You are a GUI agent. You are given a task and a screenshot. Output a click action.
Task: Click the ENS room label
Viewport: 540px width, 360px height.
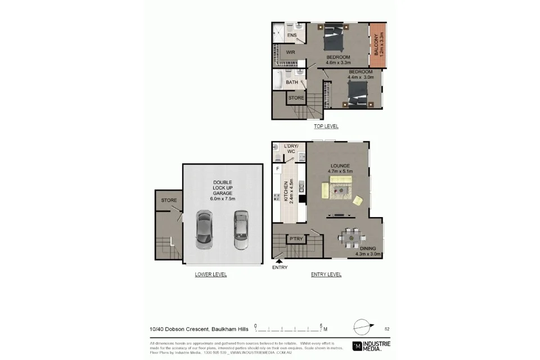pos(291,36)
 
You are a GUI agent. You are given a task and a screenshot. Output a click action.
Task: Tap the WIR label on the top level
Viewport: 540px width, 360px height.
pos(290,52)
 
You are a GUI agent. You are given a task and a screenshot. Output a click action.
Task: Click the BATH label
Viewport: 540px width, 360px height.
pos(291,83)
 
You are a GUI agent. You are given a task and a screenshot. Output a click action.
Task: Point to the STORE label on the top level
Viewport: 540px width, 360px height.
pos(296,98)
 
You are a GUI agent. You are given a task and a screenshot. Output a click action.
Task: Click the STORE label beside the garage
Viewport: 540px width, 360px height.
pos(169,200)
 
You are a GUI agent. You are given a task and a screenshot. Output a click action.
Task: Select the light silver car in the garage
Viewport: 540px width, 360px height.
pos(241,229)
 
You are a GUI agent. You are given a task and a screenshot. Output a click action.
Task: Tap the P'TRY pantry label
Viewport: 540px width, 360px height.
pos(296,239)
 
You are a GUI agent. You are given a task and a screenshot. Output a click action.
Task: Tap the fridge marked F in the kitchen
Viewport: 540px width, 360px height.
pos(278,168)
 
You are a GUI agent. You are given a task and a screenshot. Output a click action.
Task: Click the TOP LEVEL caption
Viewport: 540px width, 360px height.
pos(326,127)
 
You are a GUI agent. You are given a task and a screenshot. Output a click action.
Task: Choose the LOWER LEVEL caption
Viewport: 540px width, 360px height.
pos(211,274)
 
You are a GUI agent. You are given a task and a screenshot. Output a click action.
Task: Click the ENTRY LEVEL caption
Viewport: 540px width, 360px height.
pos(326,274)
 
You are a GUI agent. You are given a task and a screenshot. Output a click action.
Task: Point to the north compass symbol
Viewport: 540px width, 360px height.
pos(362,326)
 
